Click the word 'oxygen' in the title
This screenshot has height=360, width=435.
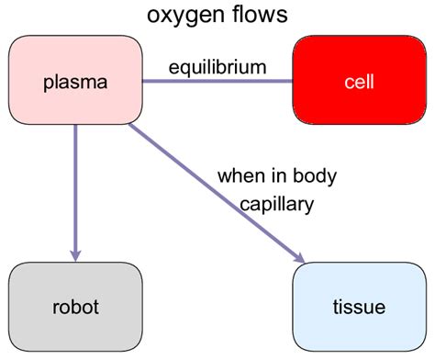[x=183, y=17]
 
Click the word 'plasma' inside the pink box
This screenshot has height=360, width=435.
[x=75, y=82]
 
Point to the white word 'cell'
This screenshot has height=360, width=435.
[x=359, y=82]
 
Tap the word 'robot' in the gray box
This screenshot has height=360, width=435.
[x=75, y=306]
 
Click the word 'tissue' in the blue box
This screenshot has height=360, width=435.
[x=359, y=306]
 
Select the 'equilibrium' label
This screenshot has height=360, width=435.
[x=217, y=66]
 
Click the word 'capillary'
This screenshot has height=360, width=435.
[x=277, y=204]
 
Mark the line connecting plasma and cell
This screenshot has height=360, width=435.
[x=217, y=82]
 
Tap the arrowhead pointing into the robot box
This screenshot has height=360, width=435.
[x=75, y=253]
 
